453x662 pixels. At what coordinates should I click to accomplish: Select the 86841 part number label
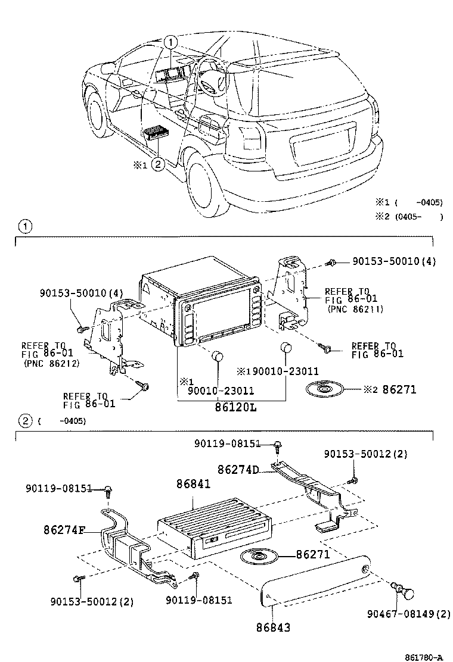point(193,485)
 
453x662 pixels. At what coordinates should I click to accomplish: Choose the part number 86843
point(274,627)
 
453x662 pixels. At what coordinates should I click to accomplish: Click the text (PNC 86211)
point(355,309)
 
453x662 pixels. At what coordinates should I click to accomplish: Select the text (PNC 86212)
point(51,363)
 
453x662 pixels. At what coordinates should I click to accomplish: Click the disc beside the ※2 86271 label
point(325,390)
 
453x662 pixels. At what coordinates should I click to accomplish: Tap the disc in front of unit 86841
point(259,557)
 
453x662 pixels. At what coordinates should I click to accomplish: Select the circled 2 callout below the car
point(158,165)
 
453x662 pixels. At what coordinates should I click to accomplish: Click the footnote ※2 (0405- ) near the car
point(408,217)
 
